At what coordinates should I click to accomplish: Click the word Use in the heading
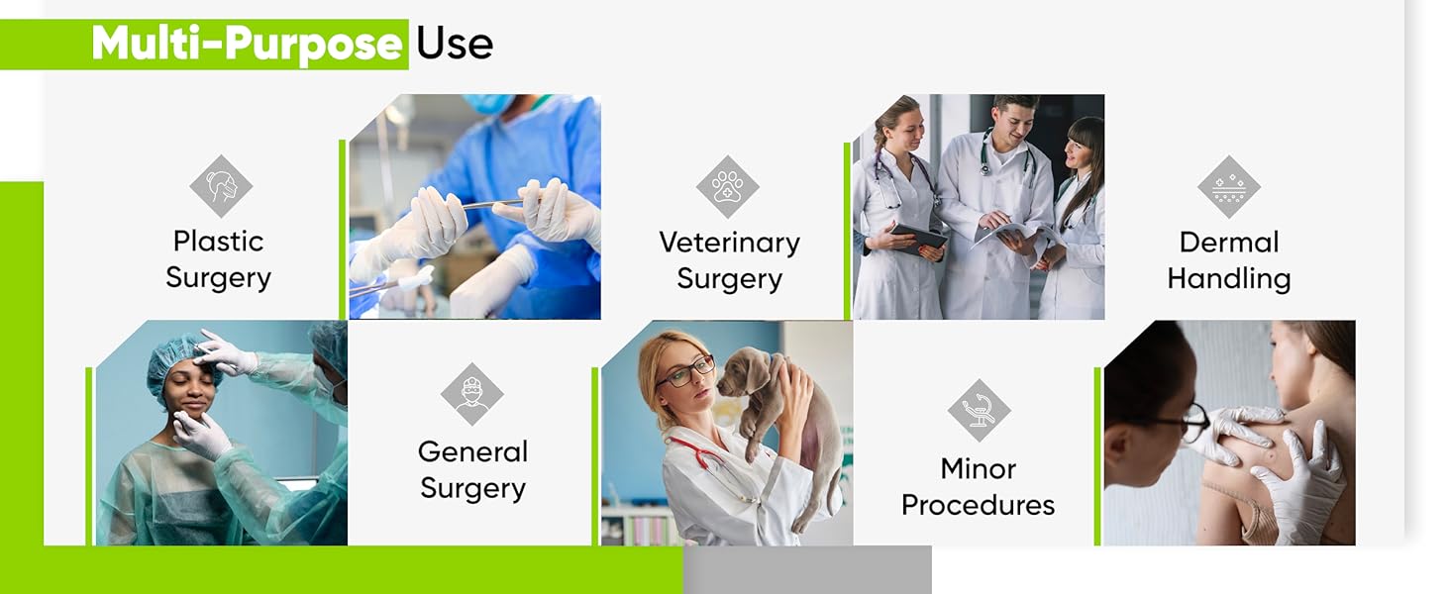point(455,44)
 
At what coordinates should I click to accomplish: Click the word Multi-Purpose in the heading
point(247,45)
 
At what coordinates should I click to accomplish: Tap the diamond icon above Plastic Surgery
point(221,186)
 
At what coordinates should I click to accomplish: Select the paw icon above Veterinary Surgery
point(728,186)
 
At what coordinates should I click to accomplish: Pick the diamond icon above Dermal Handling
point(1228,186)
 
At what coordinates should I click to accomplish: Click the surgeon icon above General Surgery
point(471,394)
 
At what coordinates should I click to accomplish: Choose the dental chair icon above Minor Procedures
point(979,410)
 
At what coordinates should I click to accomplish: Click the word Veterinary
point(730,244)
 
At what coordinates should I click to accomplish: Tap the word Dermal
point(1228,243)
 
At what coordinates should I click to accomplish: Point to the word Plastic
point(218,242)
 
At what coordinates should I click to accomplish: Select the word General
point(472,451)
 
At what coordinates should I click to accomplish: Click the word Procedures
point(978,505)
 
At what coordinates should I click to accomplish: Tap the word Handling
point(1228,279)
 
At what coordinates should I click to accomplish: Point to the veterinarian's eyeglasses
point(684,371)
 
